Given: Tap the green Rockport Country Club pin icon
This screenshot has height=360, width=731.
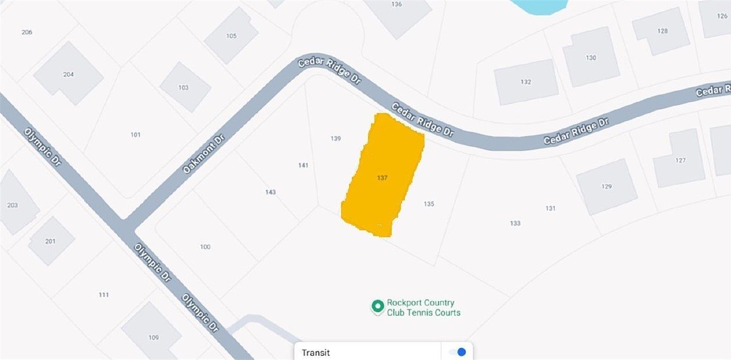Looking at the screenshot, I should [x=377, y=306].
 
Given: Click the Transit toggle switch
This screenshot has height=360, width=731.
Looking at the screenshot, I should [x=458, y=352].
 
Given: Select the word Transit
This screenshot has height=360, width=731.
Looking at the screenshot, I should [x=316, y=352].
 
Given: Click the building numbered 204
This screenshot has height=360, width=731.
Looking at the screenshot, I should [x=68, y=74].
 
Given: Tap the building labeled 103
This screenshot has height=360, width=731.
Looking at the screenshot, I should [x=184, y=87].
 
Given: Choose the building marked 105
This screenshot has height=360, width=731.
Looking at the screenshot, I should [x=231, y=36].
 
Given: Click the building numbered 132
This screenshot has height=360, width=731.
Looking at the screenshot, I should [x=526, y=81].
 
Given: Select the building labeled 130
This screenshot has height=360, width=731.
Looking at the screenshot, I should [x=591, y=58].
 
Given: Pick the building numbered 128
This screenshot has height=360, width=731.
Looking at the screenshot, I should [x=662, y=31].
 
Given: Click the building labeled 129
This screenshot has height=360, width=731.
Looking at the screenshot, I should [x=607, y=186].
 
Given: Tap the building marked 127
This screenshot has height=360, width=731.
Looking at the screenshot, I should [x=680, y=160].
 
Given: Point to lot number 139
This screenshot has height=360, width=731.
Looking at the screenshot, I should [x=336, y=138].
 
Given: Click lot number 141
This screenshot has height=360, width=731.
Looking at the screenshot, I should [x=303, y=165].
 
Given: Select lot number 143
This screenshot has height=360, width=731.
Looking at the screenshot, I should [x=270, y=192].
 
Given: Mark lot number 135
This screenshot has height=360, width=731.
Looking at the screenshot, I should [x=429, y=204].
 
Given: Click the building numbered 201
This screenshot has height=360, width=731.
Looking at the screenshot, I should [x=51, y=241].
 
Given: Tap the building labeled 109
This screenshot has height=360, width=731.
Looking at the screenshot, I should [x=153, y=337].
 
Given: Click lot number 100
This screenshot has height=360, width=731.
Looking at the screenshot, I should [x=205, y=247].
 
